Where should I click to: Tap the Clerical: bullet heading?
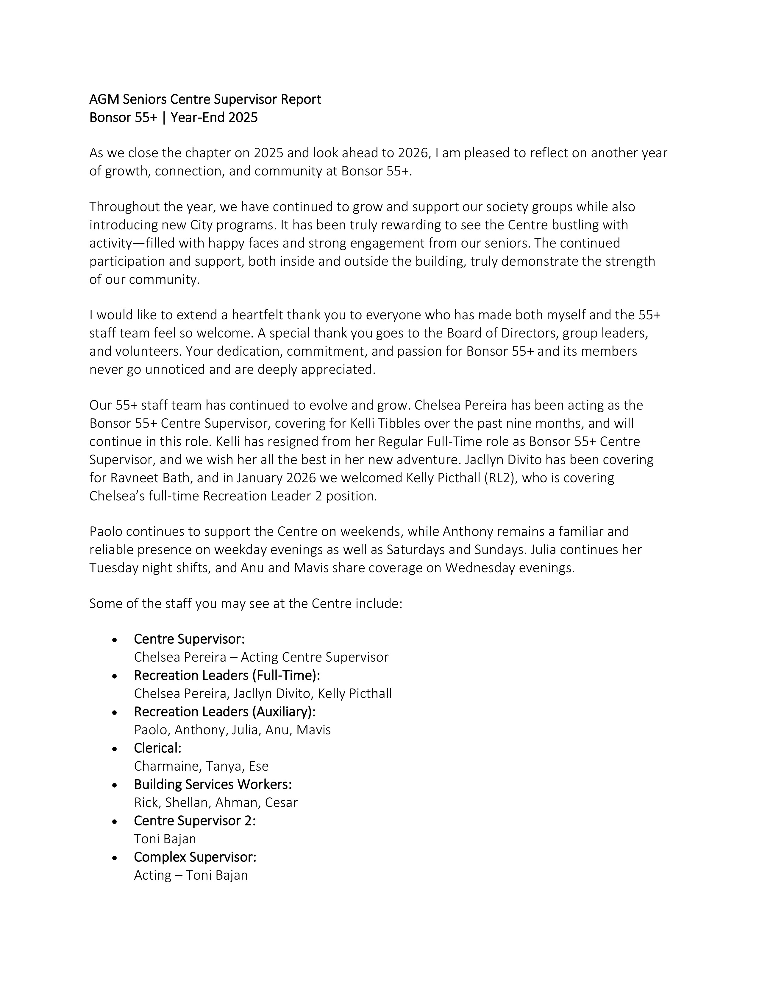click(x=157, y=748)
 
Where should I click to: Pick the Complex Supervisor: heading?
click(x=195, y=857)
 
